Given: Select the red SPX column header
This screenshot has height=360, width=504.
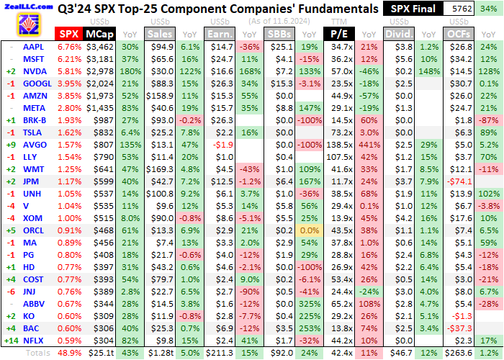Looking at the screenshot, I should [x=68, y=34].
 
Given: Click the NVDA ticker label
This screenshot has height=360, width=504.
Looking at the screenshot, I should [x=35, y=72].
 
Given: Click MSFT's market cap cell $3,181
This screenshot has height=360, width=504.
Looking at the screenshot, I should [x=99, y=59].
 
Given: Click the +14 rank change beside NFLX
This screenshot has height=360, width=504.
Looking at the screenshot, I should [x=10, y=320].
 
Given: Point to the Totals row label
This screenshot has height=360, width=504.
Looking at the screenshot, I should [x=38, y=333].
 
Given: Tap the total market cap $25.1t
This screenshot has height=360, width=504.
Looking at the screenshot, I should [x=99, y=333].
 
